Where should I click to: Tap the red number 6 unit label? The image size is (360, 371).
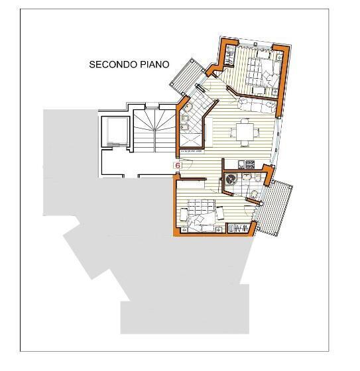pos(178,165)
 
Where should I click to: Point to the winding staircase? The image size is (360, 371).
pos(152,129)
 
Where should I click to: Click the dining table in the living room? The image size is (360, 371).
pos(246,131)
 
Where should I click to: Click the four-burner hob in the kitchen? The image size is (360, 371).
pos(251,164)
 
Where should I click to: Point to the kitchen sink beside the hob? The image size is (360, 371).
pos(233,164)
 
